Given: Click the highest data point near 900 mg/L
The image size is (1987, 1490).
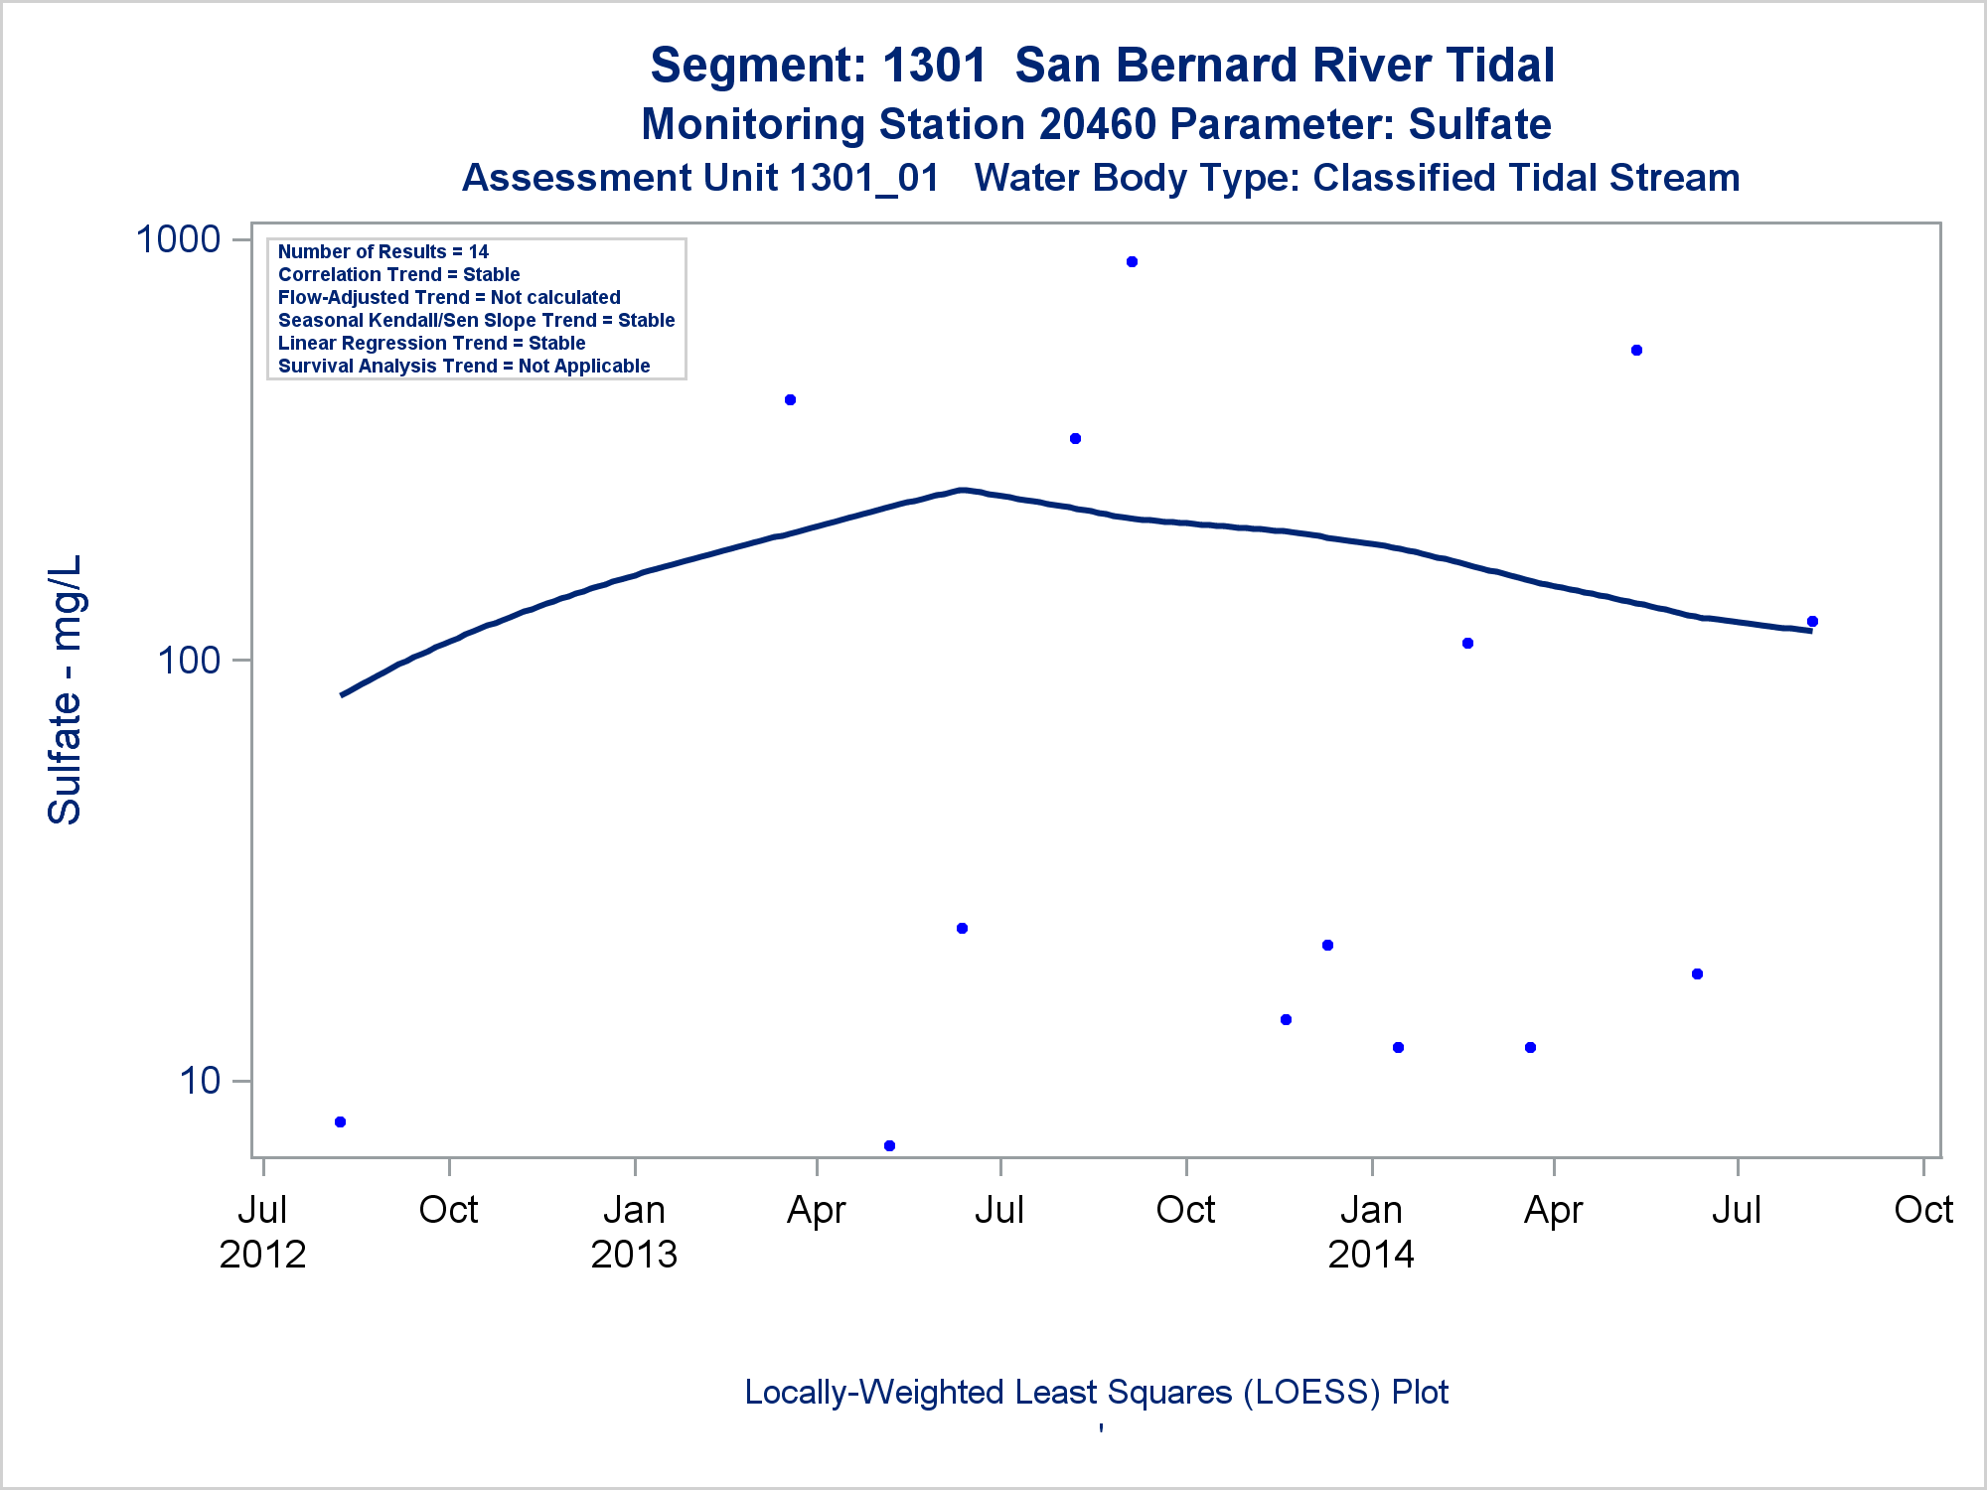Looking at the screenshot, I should point(1132,262).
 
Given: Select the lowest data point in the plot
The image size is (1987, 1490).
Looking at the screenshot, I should point(889,1145).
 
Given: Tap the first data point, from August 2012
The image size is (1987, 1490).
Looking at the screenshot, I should point(340,1121).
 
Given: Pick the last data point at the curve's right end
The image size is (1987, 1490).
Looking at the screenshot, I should point(1812,622).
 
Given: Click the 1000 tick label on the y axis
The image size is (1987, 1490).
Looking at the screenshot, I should point(178,239).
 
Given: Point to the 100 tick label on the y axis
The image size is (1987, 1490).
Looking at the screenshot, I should point(189,660).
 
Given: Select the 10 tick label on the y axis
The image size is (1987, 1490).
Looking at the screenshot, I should point(200,1080).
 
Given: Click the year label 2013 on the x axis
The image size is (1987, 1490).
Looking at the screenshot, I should point(634,1255).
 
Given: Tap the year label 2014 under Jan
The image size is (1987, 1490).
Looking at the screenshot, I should point(1371,1255).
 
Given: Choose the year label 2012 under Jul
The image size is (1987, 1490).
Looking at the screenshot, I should point(262,1255).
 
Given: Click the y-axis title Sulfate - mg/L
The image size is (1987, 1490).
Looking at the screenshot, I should point(66,689).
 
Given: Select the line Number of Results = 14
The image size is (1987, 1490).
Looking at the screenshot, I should point(382,252).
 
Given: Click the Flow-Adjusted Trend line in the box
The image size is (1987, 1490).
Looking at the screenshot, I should point(449,298).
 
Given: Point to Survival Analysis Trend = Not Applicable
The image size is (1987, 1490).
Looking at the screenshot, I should point(464,367).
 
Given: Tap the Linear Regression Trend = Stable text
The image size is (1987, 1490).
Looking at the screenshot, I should point(431,344).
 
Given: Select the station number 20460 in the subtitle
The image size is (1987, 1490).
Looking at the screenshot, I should point(1098,125).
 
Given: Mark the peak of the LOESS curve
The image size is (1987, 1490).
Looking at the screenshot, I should point(961,490).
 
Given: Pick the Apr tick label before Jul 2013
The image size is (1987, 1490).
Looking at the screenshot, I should point(816,1210).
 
